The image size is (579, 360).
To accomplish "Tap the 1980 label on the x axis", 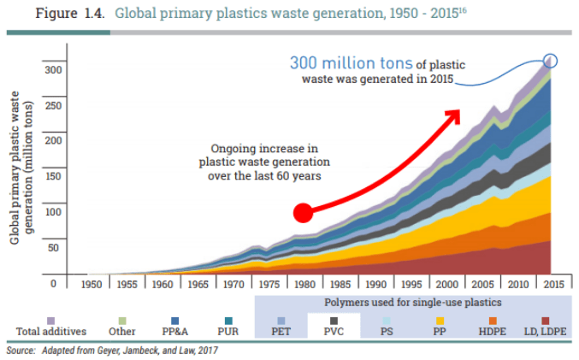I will tap(304, 283).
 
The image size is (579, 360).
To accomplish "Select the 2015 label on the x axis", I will tap(552, 283).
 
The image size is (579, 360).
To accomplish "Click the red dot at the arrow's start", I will tap(303, 213).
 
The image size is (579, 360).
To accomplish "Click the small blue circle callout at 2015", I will tap(551, 60).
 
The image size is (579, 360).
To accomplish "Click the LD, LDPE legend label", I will tap(546, 331).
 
